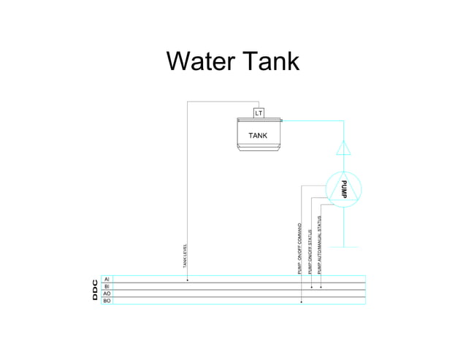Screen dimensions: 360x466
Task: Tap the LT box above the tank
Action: (x=258, y=113)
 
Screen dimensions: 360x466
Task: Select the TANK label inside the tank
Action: (x=258, y=136)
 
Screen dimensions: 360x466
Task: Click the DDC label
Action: (x=94, y=289)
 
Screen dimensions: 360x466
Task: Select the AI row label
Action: (x=107, y=279)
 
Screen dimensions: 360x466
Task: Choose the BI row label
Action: (x=107, y=286)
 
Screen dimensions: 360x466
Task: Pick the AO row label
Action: (x=107, y=294)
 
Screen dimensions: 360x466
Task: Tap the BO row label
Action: (x=107, y=301)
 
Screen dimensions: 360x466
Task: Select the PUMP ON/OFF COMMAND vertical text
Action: (x=299, y=248)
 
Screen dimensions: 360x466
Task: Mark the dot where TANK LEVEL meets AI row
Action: (x=188, y=280)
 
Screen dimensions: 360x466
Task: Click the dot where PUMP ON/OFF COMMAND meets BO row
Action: (x=302, y=301)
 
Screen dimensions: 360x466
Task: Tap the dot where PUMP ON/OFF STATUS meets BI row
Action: (x=312, y=287)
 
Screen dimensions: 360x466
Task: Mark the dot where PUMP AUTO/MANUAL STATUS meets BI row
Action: (x=321, y=287)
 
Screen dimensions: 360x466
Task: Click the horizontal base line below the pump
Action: (x=343, y=247)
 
